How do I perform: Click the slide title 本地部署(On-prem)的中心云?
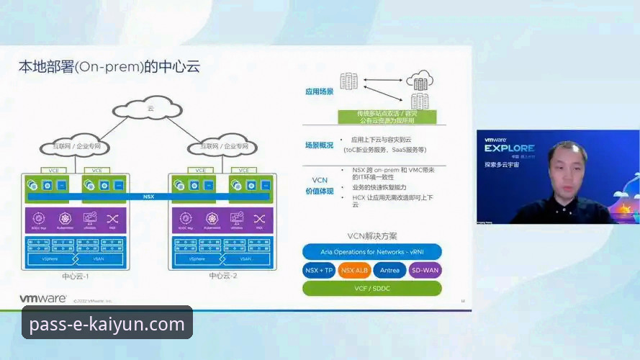(x=109, y=67)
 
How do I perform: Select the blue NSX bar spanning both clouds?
(x=148, y=196)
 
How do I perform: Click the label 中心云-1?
(x=75, y=276)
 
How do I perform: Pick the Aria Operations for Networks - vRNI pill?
(x=371, y=252)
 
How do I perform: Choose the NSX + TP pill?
(x=319, y=271)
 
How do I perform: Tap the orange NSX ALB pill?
(x=355, y=271)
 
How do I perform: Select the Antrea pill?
(x=389, y=271)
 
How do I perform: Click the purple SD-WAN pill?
(x=425, y=271)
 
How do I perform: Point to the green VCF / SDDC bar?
(x=371, y=288)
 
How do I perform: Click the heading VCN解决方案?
(x=371, y=236)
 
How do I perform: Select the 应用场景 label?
(x=319, y=92)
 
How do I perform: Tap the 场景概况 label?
(x=319, y=145)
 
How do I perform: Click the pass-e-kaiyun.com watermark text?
(x=107, y=325)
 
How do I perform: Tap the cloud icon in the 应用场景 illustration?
(x=419, y=78)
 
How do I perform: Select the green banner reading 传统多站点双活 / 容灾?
(x=387, y=114)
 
